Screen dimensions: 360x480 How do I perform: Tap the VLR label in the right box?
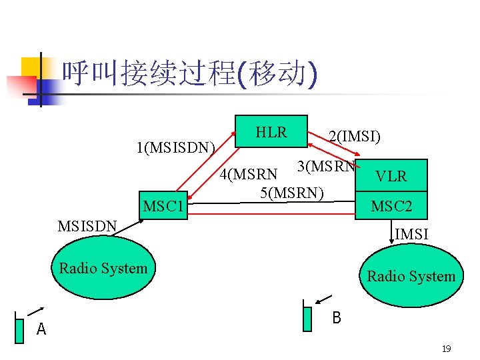point(391,177)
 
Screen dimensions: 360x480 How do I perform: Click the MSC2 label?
point(391,207)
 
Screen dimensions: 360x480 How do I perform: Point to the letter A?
point(41,329)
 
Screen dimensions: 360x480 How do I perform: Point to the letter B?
point(337,318)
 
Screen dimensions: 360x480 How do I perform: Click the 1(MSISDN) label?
point(175,147)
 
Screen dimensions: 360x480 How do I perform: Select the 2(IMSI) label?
point(354,137)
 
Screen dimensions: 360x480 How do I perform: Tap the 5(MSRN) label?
point(292,193)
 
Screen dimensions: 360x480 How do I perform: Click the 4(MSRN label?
point(249,175)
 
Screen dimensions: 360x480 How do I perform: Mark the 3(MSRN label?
point(326,166)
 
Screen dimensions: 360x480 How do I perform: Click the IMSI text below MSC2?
point(411,234)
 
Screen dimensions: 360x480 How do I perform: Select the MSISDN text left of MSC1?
point(87,226)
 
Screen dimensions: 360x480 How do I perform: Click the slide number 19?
point(446,349)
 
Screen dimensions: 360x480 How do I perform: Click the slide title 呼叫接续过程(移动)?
point(189,74)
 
